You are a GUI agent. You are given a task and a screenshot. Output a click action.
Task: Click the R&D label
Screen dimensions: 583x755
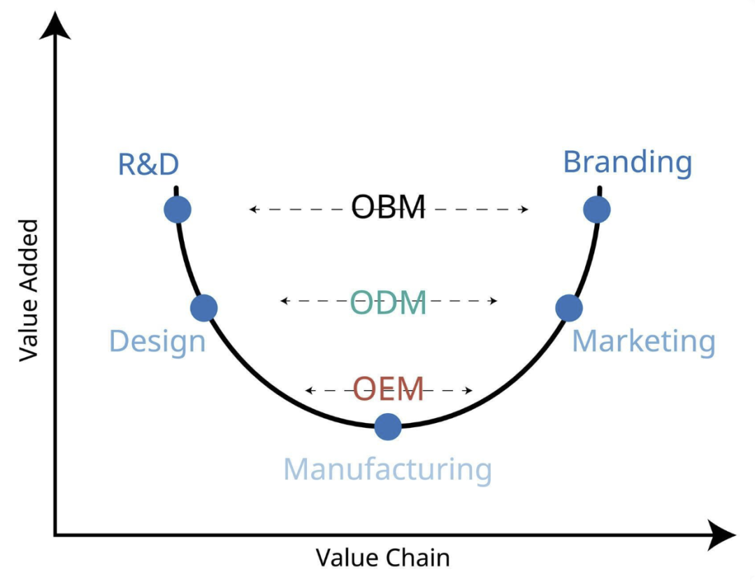point(148,164)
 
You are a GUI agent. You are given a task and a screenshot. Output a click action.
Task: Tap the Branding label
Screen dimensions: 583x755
point(627,162)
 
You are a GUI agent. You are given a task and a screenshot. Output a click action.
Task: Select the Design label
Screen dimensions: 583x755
point(157,342)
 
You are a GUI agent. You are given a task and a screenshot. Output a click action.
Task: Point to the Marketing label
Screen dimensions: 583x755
point(643,342)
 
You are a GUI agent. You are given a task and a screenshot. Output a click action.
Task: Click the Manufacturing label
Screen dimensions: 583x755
point(387,469)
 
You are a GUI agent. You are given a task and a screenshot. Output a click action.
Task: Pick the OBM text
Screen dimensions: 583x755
point(388,208)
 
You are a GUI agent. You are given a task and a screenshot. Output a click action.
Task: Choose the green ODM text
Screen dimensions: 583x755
point(388,303)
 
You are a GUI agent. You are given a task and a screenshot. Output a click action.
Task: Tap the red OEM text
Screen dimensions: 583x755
point(388,389)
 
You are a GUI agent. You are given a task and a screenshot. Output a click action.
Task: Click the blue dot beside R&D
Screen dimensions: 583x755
point(178,209)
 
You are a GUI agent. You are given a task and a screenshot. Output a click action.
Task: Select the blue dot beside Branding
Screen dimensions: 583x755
point(597,209)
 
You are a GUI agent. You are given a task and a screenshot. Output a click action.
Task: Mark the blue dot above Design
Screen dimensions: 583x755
point(204,308)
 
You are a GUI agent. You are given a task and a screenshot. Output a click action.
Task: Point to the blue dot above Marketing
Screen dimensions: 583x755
point(569,308)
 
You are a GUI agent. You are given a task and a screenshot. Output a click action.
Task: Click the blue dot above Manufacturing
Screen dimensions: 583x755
point(388,426)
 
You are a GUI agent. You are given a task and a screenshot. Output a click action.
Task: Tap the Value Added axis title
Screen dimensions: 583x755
point(28,290)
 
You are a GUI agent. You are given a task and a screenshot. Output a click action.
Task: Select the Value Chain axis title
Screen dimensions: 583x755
point(382,558)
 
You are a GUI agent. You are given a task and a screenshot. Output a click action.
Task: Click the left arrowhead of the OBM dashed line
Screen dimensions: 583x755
point(252,209)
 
